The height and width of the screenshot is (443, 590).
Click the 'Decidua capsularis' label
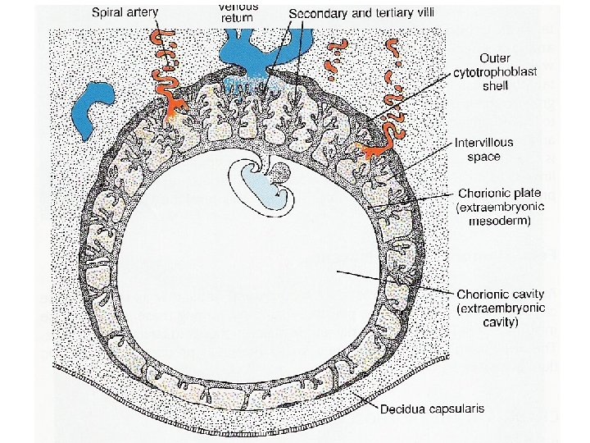pyautogui.click(x=429, y=408)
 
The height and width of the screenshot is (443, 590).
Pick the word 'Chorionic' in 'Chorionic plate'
pyautogui.click(x=483, y=194)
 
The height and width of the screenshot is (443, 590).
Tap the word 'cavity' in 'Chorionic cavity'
pyautogui.click(x=525, y=294)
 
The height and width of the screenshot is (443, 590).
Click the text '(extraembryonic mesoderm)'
pyautogui.click(x=499, y=215)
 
